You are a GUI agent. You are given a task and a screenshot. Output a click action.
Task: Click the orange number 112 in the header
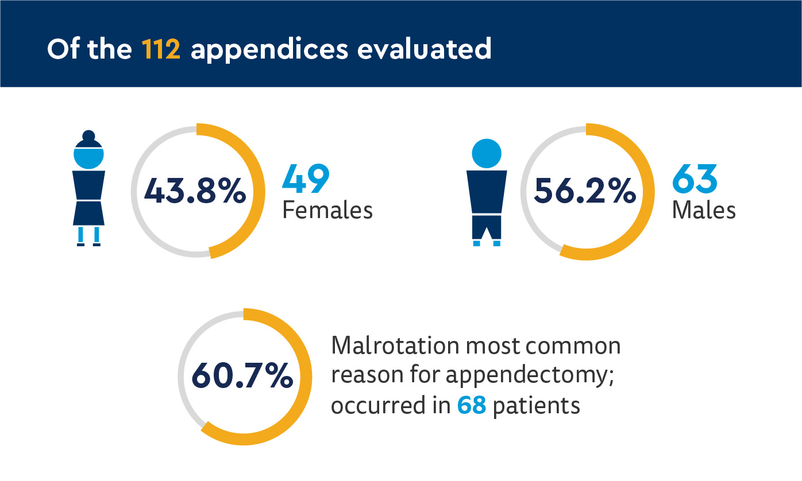coord(161,50)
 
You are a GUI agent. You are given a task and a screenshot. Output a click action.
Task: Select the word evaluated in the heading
coord(424,50)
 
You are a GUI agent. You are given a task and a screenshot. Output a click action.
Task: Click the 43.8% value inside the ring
coord(195,191)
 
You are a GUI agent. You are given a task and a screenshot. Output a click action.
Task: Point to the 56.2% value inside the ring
coord(585,191)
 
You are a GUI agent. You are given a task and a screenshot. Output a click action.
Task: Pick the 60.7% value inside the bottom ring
coord(242,377)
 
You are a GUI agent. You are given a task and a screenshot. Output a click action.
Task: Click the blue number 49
coord(306,179)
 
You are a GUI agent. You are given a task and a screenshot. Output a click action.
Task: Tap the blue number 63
coord(695,179)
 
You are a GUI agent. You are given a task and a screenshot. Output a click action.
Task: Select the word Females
coord(327,211)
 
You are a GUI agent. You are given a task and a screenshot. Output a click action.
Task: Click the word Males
coord(704,211)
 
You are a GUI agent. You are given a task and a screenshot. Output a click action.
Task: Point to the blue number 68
coord(472,406)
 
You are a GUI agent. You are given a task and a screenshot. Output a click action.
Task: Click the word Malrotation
coord(396,346)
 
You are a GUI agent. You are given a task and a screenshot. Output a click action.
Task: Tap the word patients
coord(537,406)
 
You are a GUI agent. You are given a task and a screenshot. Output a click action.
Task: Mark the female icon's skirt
coord(88,212)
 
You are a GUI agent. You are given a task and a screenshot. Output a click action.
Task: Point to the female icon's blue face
coord(88,156)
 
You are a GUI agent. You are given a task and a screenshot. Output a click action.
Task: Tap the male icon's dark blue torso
coord(487,191)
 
